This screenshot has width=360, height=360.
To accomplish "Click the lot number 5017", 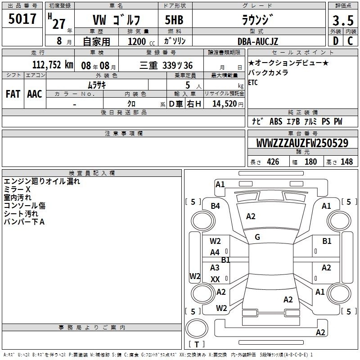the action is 22,19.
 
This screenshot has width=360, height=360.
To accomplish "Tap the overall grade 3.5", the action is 343,20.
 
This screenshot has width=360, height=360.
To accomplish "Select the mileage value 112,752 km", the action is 53,65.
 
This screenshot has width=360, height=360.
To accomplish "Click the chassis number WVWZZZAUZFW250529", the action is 302,143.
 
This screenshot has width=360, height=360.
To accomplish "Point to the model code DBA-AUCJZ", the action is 258,41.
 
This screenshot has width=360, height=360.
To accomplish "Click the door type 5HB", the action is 174,20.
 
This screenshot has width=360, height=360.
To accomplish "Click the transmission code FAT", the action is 13,94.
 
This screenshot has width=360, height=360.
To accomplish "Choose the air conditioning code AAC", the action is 35,94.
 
